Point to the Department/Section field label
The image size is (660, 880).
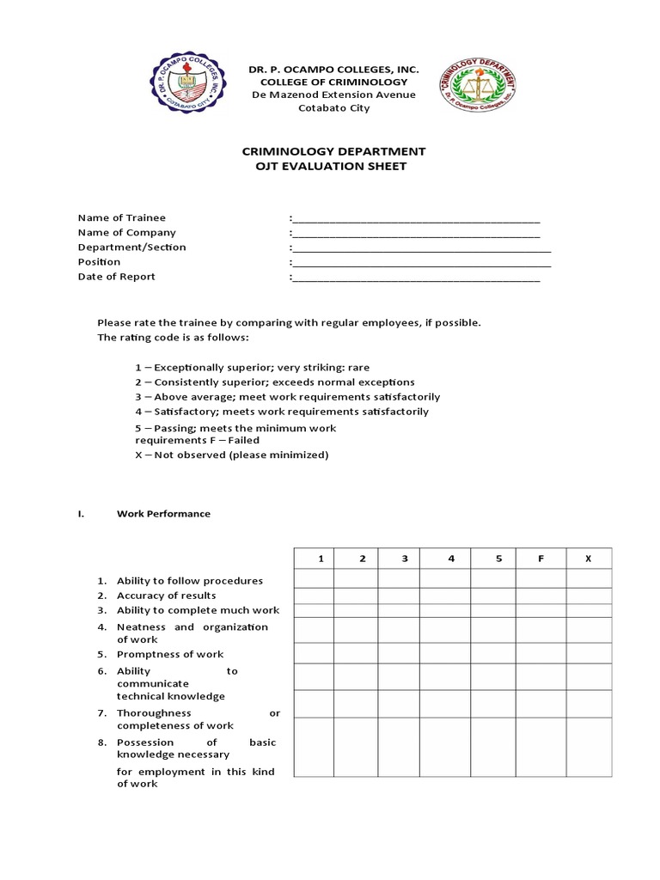pos(131,247)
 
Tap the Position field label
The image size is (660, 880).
pos(99,261)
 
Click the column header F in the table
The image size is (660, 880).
pos(541,559)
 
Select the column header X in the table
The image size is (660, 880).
pos(589,559)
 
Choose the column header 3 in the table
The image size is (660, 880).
pos(404,559)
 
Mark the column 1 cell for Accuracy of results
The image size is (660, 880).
pos(314,596)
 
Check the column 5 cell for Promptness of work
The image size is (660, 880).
pos(498,654)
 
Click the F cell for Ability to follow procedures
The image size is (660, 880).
pos(541,579)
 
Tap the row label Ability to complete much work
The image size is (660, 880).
pos(198,610)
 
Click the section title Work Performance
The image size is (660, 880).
pos(163,514)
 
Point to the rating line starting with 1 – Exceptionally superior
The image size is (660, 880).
pos(252,367)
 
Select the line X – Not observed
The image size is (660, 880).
pos(232,455)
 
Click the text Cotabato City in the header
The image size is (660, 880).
pos(333,107)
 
